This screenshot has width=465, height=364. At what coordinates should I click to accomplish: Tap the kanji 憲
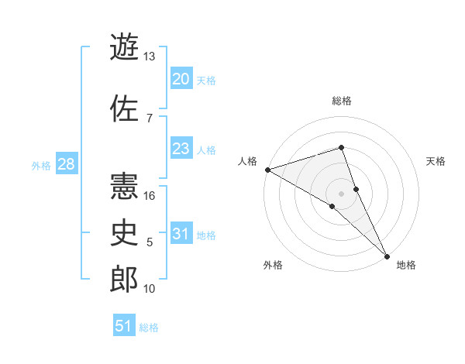pos(124,186)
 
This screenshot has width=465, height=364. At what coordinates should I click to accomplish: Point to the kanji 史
pos(124,232)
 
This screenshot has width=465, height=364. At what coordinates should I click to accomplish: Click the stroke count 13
pos(150,57)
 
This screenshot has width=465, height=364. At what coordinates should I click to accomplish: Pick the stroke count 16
pos(150,195)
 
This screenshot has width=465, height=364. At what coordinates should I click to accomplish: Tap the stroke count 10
pos(150,289)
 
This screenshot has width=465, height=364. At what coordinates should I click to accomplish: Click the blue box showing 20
pos(181,79)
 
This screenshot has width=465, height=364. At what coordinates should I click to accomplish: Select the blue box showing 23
pos(181,149)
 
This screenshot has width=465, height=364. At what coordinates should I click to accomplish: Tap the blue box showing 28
pos(66,164)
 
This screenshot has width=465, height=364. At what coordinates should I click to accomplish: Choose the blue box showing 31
pos(181,234)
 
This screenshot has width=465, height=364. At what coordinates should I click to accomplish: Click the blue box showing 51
pos(124,326)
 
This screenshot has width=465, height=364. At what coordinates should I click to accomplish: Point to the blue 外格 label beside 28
pos(40,166)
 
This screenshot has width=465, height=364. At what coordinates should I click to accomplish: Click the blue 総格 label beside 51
pos(149,328)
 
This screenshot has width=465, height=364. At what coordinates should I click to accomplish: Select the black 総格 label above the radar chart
pos(341,101)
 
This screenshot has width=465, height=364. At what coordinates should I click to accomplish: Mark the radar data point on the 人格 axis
pos(267,169)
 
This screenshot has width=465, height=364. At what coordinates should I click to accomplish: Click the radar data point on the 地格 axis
pos(387,256)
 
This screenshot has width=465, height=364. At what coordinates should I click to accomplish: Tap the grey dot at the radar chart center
pos(341,193)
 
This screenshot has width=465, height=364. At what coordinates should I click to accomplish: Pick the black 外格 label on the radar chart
pos(273,265)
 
